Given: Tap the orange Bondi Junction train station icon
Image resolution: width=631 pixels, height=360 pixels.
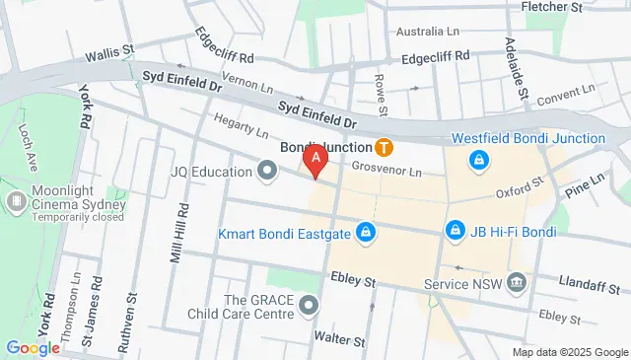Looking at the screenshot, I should click(385, 148).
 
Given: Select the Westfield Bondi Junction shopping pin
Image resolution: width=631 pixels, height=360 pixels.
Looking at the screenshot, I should click(478, 159).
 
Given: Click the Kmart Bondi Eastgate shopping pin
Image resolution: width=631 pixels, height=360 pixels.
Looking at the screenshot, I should click(366, 232).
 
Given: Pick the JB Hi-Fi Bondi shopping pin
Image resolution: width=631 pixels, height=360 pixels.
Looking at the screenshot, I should click(455, 231).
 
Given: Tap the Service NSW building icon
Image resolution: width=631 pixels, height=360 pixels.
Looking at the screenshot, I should click(517, 284).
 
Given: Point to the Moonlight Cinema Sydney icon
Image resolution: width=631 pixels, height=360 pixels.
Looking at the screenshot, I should click(17, 202).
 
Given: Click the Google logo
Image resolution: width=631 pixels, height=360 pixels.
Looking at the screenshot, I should click(33, 347).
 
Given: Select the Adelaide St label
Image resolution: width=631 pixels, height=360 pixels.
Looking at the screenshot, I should click(517, 60).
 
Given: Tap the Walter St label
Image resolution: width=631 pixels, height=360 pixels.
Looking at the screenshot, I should click(339, 339).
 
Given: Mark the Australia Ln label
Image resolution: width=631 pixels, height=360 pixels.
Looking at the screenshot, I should click(428, 32).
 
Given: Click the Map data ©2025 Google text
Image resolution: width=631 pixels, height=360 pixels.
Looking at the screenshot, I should click(570, 352).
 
